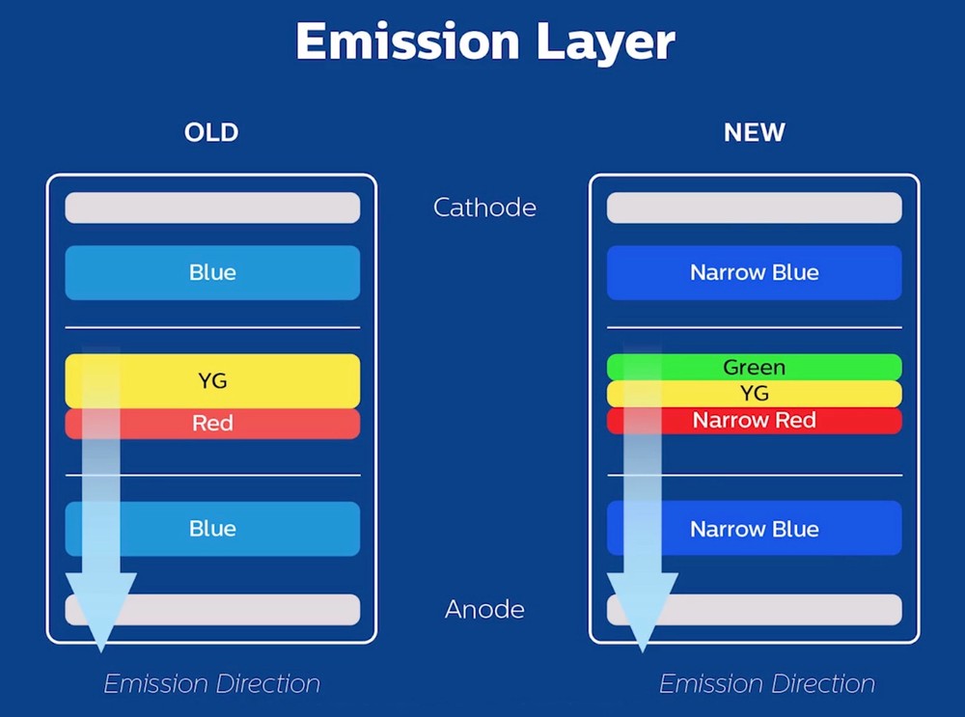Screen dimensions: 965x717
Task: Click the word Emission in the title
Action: point(408,41)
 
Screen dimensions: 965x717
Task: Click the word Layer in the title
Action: point(606,43)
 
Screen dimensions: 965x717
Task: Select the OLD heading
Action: point(211,132)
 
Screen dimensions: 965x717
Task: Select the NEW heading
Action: point(755,132)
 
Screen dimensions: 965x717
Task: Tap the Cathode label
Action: point(485,207)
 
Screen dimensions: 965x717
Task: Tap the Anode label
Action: point(485,609)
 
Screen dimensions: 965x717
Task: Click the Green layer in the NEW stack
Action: point(755,367)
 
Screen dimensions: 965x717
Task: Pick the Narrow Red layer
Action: point(755,421)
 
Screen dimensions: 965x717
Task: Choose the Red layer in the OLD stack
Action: point(212,424)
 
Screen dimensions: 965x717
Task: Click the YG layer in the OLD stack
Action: point(212,380)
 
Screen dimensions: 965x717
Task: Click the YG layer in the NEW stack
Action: point(755,394)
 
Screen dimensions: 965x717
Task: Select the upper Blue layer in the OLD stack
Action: point(212,273)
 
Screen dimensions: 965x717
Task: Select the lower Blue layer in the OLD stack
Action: point(212,529)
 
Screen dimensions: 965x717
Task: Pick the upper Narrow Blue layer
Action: point(755,273)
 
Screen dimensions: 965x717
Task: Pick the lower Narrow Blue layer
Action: point(755,528)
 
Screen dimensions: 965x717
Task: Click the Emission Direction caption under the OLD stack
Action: point(212,684)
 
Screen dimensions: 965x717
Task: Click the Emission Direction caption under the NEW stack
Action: point(767,684)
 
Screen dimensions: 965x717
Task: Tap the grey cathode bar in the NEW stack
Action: point(755,207)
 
